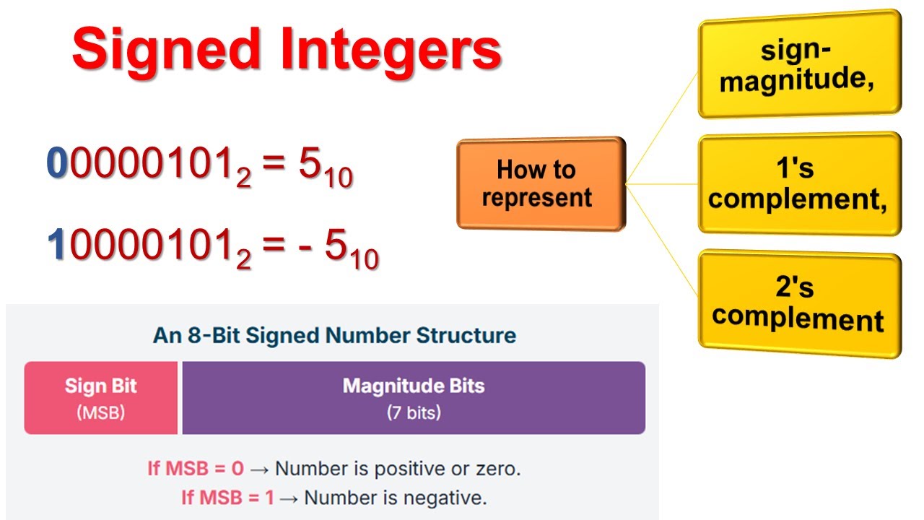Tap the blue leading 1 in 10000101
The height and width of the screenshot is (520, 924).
click(x=57, y=246)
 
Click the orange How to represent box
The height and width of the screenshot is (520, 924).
click(x=541, y=183)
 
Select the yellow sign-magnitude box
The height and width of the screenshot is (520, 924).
click(x=799, y=65)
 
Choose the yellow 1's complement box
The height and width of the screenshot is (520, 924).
click(x=799, y=183)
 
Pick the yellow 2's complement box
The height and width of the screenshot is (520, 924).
click(x=799, y=303)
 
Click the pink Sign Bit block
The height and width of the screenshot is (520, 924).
click(x=101, y=398)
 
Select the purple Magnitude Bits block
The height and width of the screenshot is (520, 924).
click(x=413, y=398)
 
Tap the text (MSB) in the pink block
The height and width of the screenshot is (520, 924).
click(x=101, y=413)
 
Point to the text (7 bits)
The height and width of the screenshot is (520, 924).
click(x=413, y=413)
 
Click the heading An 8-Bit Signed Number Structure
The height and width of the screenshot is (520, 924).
click(x=334, y=336)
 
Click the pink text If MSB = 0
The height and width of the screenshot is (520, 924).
click(x=196, y=468)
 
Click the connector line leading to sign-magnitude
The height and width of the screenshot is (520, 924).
click(x=662, y=127)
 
